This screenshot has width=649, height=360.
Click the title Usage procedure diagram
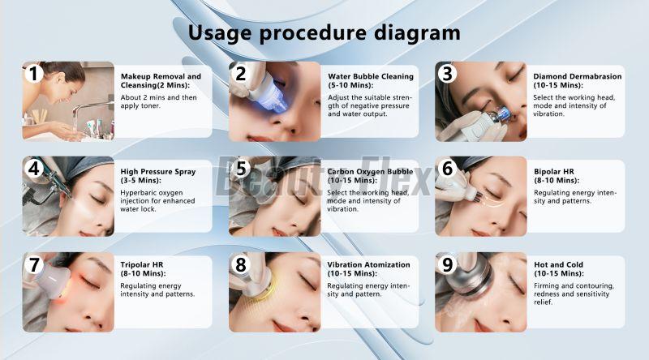(324, 33)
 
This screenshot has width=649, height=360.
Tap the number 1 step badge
(34, 74)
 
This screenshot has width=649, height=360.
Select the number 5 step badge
(241, 169)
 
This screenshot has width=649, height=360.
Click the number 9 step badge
(448, 264)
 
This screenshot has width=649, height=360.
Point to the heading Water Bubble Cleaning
(371, 76)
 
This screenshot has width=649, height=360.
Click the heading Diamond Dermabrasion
(578, 76)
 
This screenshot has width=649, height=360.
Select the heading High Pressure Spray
(157, 172)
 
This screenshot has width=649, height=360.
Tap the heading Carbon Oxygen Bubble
(370, 172)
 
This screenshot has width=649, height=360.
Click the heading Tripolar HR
(141, 265)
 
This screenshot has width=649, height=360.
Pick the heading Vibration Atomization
(368, 265)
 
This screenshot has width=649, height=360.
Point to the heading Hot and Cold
(558, 265)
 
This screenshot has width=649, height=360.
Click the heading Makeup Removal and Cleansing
(161, 81)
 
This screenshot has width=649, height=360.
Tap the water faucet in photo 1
(90, 109)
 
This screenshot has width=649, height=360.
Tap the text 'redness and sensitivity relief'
(571, 298)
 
